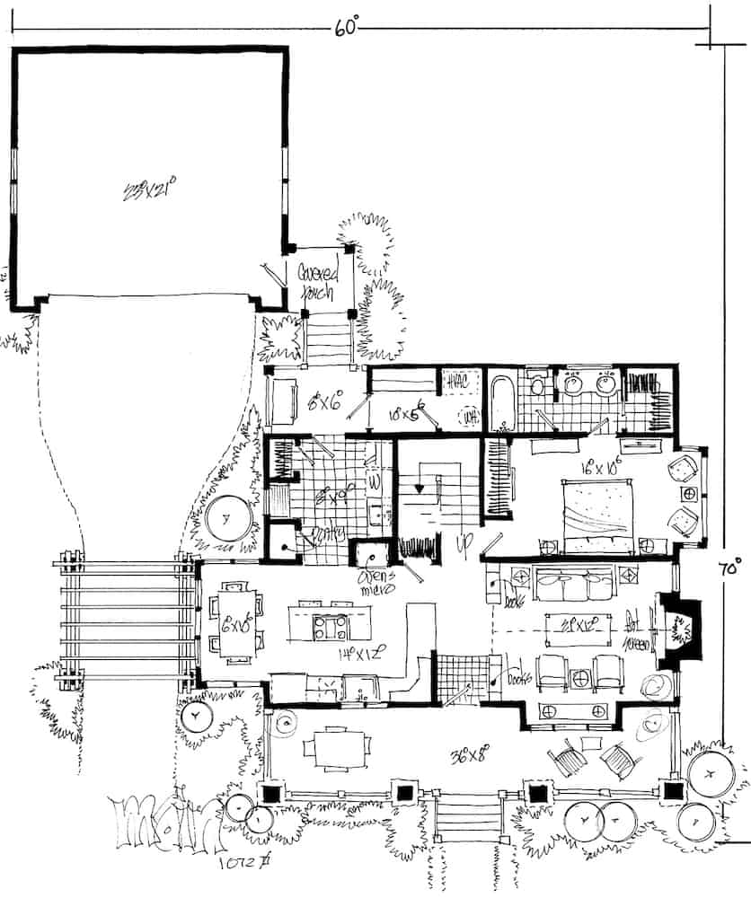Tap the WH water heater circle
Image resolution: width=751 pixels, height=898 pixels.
pyautogui.click(x=467, y=416)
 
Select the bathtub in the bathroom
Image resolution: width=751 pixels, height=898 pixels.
pyautogui.click(x=502, y=401)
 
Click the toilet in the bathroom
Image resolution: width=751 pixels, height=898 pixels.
pyautogui.click(x=537, y=386)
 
